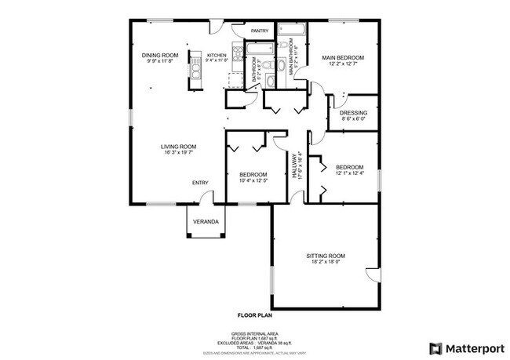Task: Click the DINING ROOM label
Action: click(x=160, y=55)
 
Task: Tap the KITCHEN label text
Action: click(x=217, y=55)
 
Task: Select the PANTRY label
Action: click(x=260, y=31)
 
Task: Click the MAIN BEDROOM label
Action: click(x=343, y=57)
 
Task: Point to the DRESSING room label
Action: click(x=354, y=113)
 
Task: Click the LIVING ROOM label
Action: click(x=178, y=147)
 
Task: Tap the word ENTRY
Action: click(x=200, y=184)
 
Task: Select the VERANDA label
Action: click(x=206, y=221)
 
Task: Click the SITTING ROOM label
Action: click(x=326, y=256)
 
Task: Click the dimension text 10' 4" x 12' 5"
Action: click(x=253, y=181)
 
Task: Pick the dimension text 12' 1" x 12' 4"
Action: click(x=349, y=173)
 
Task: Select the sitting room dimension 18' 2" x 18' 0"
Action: click(x=326, y=264)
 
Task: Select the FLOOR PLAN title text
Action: click(x=254, y=315)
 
